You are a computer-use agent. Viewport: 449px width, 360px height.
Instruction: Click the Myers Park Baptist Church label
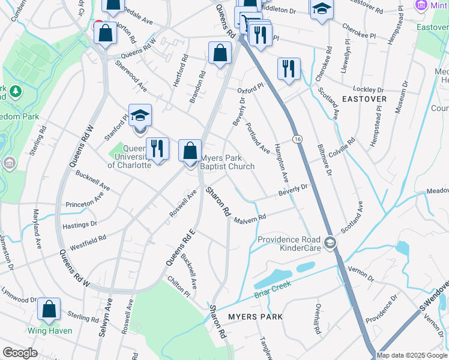pos(228,163)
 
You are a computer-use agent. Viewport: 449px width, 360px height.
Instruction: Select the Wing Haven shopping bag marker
pos(49,310)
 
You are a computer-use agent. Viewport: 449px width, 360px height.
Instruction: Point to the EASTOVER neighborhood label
pos(364,98)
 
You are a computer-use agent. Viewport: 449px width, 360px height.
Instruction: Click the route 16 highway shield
pos(297,139)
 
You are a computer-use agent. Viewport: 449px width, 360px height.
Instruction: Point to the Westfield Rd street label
pos(88,242)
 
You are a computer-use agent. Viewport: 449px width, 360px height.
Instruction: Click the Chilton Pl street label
pos(179,287)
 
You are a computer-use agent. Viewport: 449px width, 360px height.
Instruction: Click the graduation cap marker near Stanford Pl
pos(140,116)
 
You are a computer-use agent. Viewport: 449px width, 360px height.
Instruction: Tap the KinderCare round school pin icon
pos(330,243)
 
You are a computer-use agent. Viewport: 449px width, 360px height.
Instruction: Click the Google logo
pos(20,353)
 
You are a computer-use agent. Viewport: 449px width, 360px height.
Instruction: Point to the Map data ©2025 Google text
pos(411,355)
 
